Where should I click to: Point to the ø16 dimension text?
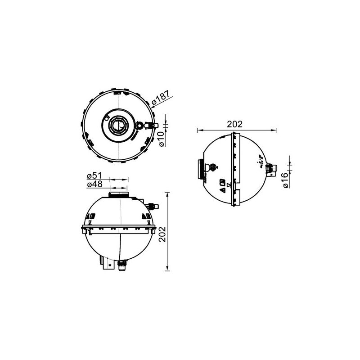[x=284, y=179]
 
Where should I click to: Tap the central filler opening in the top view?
[x=118, y=125]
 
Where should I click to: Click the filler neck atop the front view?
[x=119, y=194]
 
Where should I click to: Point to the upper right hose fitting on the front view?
[x=152, y=206]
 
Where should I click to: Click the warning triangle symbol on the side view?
[x=222, y=191]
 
